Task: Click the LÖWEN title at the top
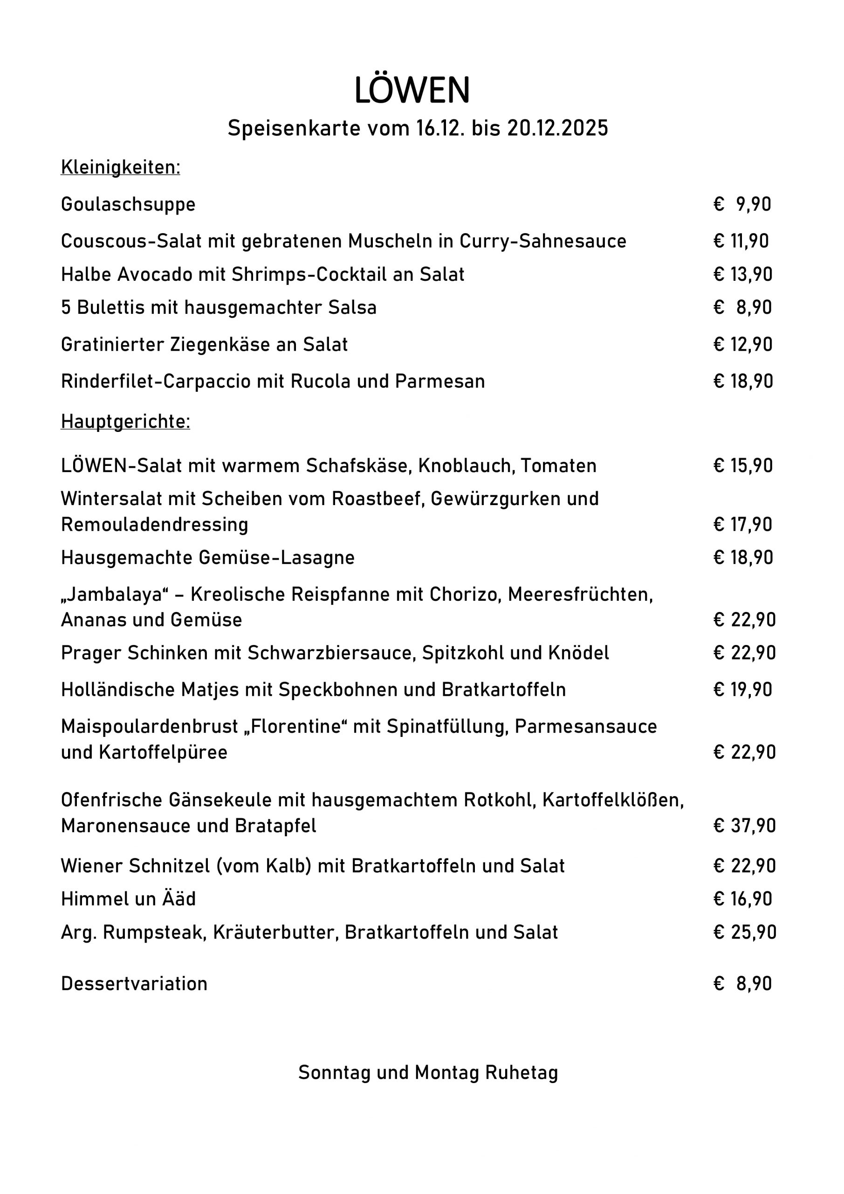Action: click(x=412, y=90)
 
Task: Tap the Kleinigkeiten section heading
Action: click(x=121, y=167)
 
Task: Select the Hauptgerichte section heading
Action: click(x=125, y=422)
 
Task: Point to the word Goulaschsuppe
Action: click(x=128, y=204)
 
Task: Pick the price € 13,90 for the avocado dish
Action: click(x=743, y=274)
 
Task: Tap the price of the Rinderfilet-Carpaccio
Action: click(x=743, y=381)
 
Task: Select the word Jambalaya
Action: click(x=114, y=594)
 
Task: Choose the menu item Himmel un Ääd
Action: click(x=128, y=899)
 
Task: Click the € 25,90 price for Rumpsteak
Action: click(x=745, y=932)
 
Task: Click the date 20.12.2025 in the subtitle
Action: click(x=558, y=128)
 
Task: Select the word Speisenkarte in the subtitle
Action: click(x=294, y=128)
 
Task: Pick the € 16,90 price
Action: click(x=743, y=899)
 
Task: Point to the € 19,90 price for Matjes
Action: click(x=743, y=689)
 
